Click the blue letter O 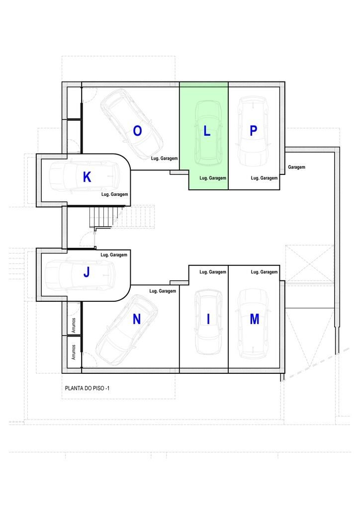(x=137, y=131)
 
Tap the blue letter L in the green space (x=207, y=131)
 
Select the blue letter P (x=254, y=131)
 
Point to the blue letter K (x=87, y=177)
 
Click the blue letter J (x=87, y=272)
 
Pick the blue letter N (x=137, y=320)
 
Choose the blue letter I (x=208, y=320)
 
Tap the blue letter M (x=255, y=320)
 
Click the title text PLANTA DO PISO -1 (x=88, y=388)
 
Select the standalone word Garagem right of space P (x=296, y=167)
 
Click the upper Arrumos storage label (x=74, y=325)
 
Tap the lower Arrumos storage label (x=74, y=352)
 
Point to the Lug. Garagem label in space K (x=114, y=194)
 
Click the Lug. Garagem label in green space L (x=213, y=178)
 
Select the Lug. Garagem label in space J (x=113, y=255)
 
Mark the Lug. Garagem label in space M (x=264, y=272)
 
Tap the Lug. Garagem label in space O (x=164, y=159)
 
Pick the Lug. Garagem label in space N (x=163, y=291)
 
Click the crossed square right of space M (x=310, y=263)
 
